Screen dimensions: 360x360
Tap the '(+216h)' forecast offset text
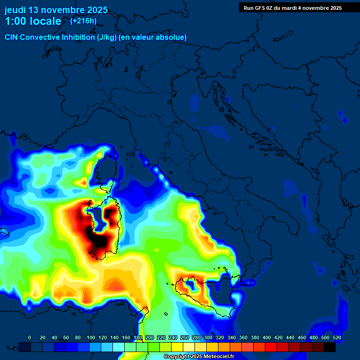pos(83,21)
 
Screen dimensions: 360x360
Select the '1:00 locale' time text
pos(33,21)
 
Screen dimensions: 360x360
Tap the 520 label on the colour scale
pos(337,337)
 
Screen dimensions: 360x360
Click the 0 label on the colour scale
pos(30,337)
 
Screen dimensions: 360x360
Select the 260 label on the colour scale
pos(184,337)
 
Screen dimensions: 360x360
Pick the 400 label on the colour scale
pos(266,337)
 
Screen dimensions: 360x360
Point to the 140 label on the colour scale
pos(114,337)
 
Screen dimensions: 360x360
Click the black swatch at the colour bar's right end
pos(330,347)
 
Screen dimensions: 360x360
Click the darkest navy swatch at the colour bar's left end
pos(25,347)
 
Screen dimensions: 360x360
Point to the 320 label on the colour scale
pos(219,337)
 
